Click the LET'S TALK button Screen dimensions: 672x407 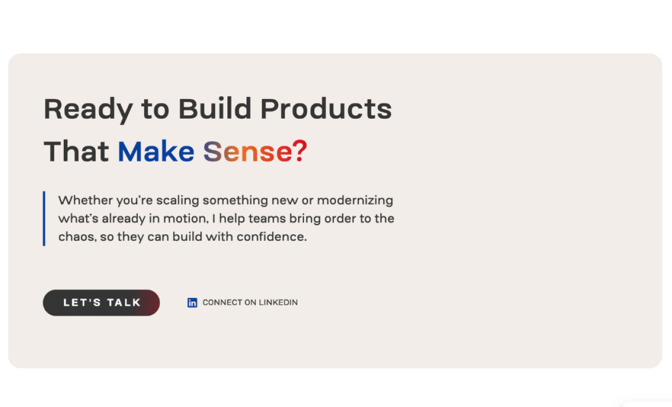101,303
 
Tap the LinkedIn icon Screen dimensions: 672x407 192,303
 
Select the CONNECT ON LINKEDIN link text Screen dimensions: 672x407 250,302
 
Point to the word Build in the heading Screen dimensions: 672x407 215,108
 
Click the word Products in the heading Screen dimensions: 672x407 326,108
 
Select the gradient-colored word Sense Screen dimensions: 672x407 248,152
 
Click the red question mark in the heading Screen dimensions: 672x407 300,151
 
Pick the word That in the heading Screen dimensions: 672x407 76,152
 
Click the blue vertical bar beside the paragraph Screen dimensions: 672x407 44,219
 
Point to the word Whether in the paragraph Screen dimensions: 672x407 86,200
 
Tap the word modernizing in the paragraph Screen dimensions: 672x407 355,201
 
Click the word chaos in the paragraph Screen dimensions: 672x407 77,237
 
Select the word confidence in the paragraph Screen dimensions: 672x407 272,237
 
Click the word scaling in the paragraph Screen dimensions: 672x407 178,201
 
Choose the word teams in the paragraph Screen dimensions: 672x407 267,219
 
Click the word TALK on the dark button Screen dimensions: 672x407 124,303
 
